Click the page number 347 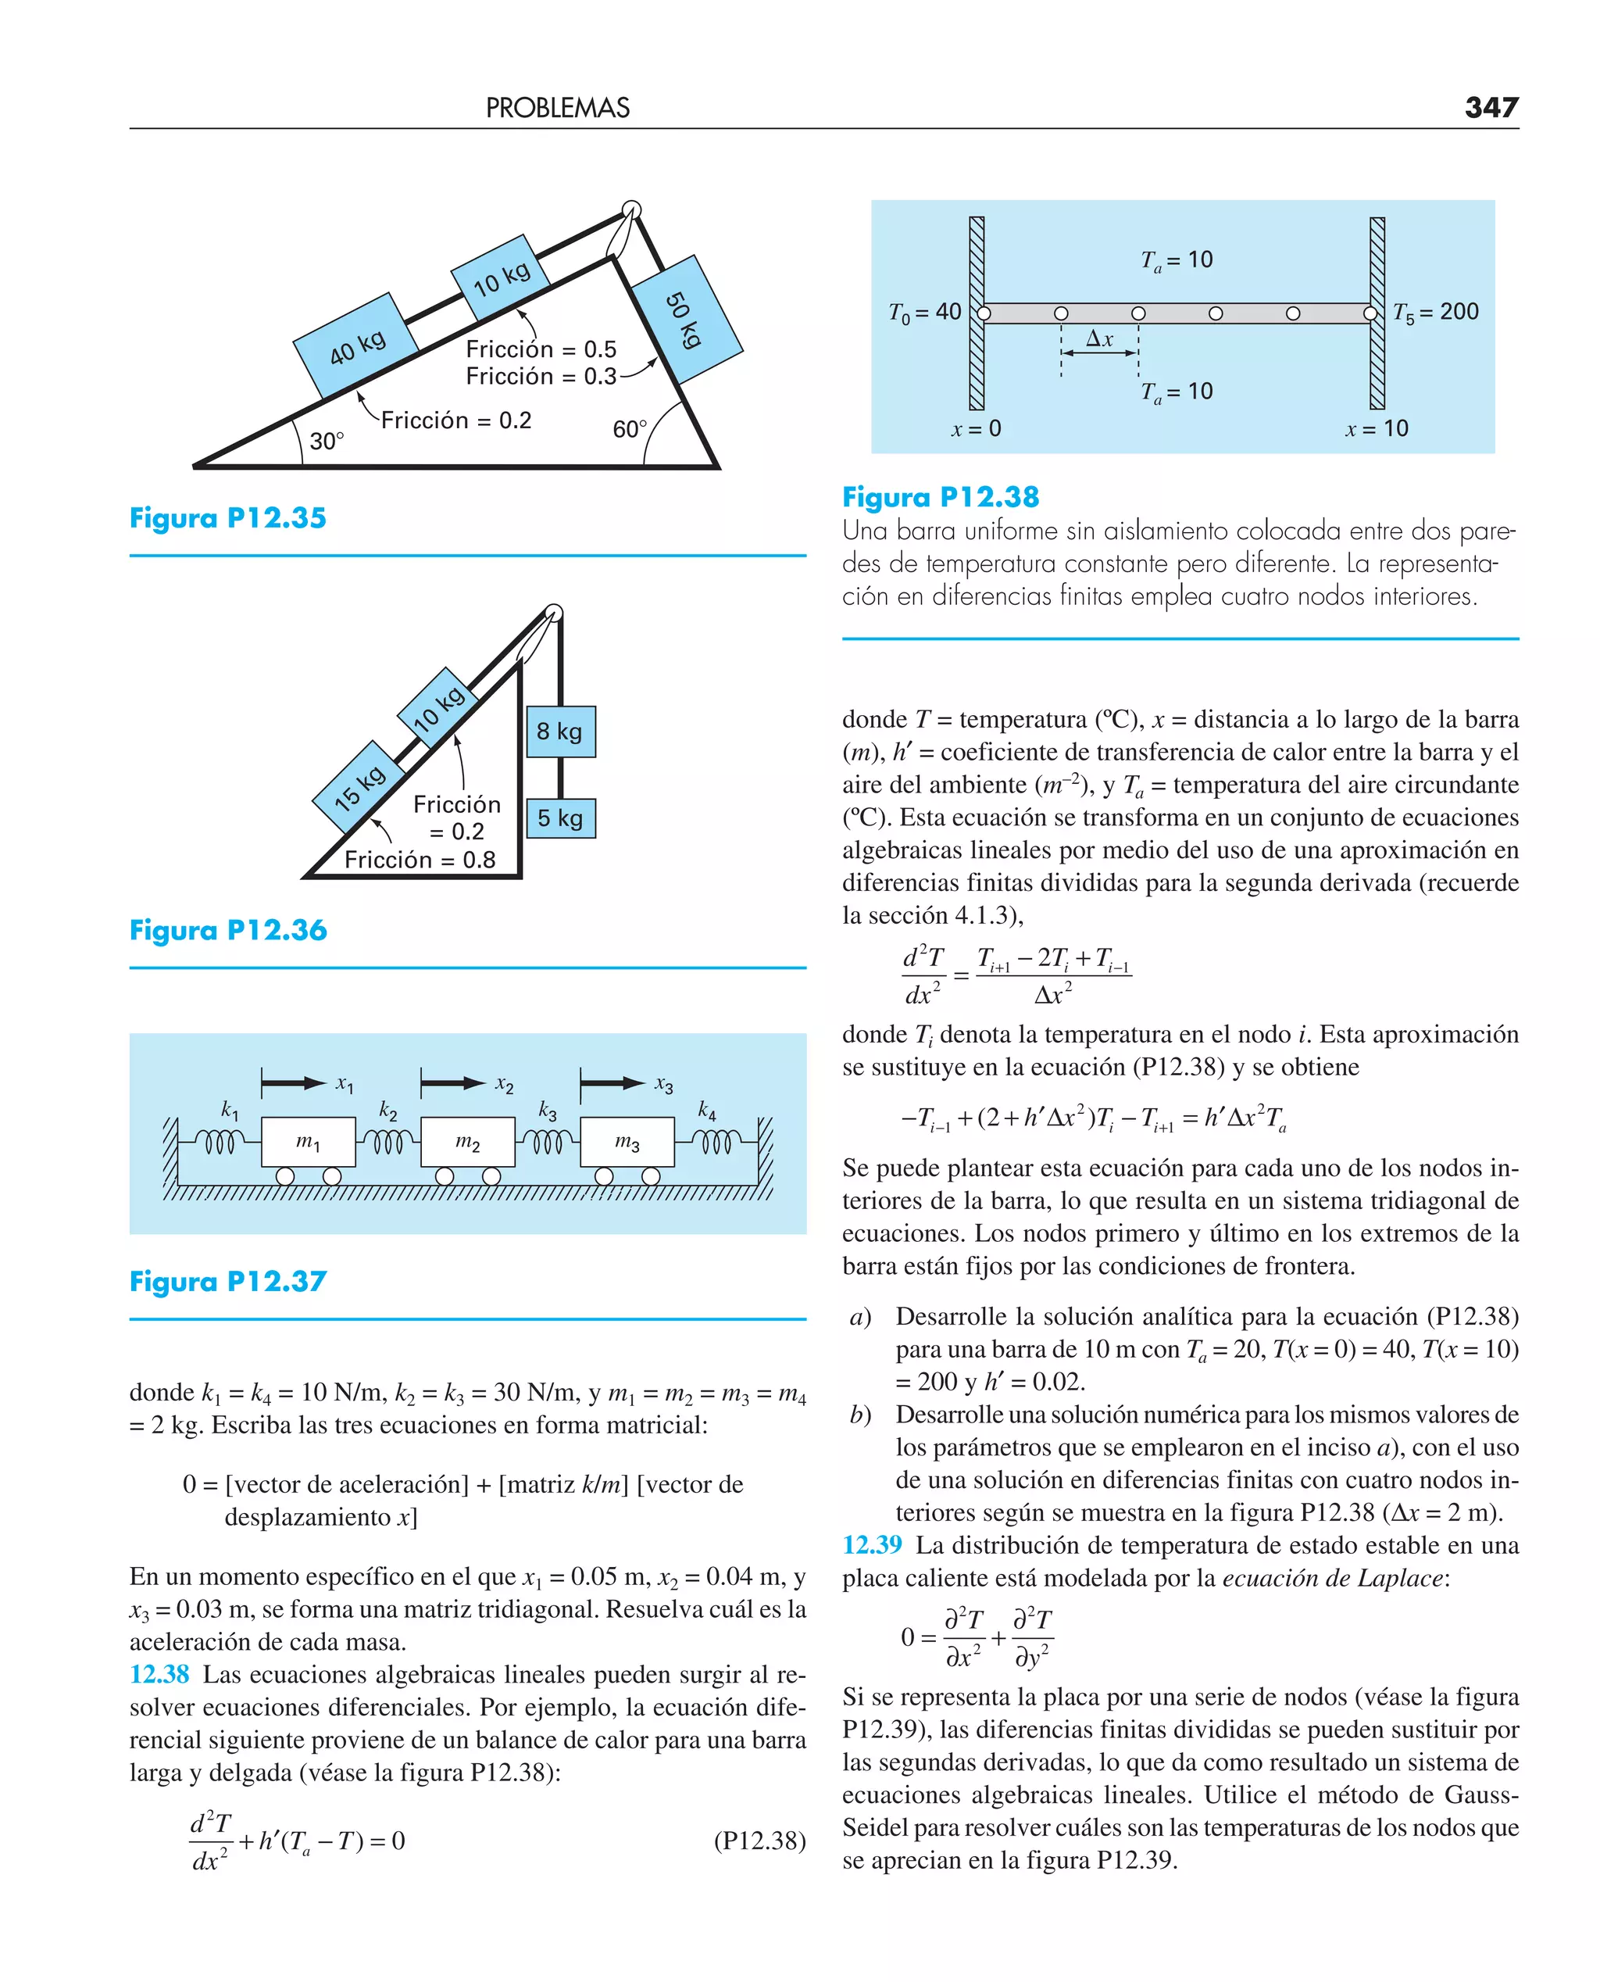point(1491,108)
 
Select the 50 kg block point(687,319)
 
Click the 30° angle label point(327,441)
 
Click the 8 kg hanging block point(560,731)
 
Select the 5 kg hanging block point(560,817)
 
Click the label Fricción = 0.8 point(420,859)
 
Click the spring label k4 point(707,1110)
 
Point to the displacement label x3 point(663,1084)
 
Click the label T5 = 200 point(1435,313)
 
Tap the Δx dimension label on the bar point(1099,339)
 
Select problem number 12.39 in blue point(871,1544)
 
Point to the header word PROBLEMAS point(558,108)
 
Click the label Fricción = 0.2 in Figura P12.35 point(456,420)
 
